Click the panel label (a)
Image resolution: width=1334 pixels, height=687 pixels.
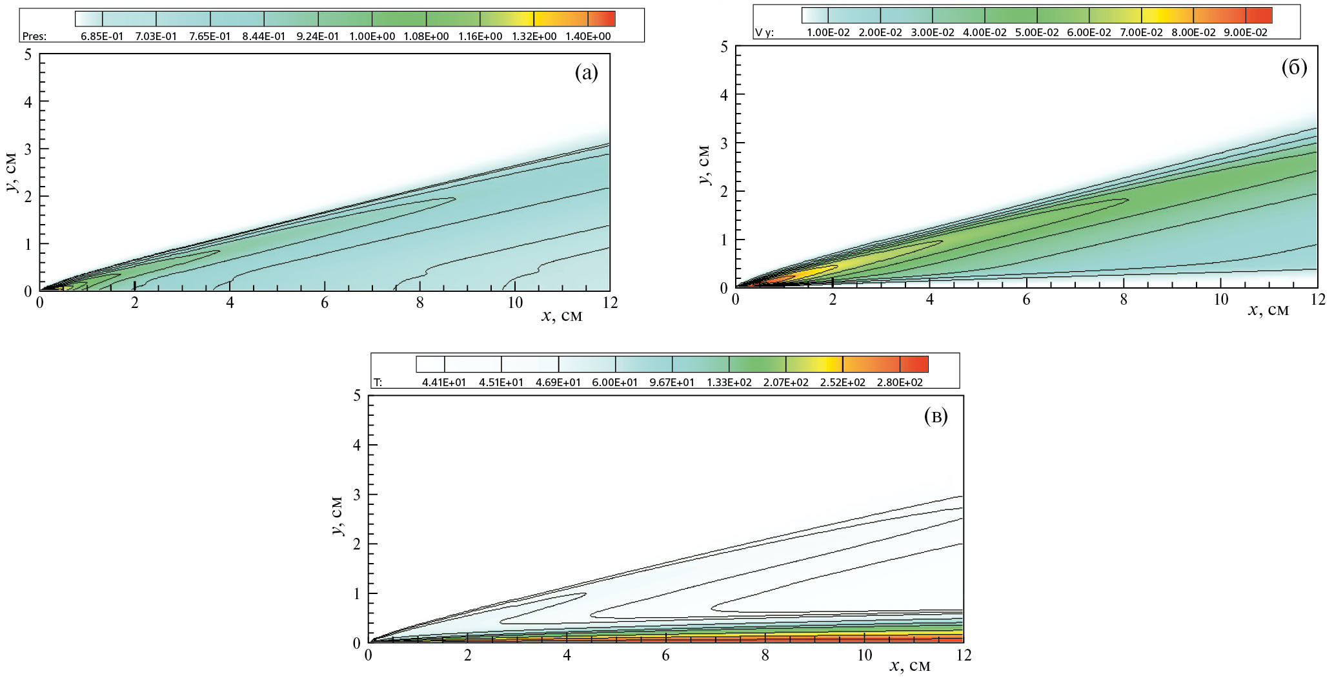point(586,73)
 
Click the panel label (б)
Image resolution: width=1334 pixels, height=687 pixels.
point(1293,67)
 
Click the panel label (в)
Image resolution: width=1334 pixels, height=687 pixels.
point(936,416)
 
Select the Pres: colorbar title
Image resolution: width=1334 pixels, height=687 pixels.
point(34,37)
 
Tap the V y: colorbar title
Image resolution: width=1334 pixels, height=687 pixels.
point(764,33)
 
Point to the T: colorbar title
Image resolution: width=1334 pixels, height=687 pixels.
point(378,382)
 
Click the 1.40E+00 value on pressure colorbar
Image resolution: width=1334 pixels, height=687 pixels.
point(589,37)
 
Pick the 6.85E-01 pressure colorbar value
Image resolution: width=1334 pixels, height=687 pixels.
point(102,37)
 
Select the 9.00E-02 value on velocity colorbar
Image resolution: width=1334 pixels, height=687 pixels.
point(1246,33)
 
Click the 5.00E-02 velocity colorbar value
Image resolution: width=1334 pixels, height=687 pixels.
point(1037,33)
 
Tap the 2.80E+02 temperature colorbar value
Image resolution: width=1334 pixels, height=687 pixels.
point(900,382)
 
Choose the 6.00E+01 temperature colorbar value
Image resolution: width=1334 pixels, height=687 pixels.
point(615,382)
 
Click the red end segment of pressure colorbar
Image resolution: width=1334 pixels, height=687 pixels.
point(601,18)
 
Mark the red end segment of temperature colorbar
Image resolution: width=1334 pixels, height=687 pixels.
point(914,364)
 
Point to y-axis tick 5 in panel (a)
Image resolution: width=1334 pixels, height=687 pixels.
point(28,54)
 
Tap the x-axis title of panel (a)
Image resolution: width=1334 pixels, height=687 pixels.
point(561,316)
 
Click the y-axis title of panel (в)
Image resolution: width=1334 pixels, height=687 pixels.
point(336,519)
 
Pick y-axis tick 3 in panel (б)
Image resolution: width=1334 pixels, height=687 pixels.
point(724,143)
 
